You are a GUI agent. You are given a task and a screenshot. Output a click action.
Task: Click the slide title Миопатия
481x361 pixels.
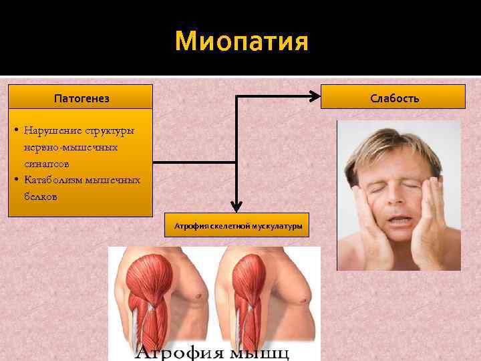241,42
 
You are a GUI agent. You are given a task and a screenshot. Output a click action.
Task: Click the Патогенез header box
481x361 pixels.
81,98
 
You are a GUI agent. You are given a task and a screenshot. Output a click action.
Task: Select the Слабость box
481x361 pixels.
394,98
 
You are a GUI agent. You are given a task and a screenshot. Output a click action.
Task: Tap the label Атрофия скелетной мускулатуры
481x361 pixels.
238,227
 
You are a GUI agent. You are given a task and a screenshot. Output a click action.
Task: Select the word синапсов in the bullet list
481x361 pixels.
46,163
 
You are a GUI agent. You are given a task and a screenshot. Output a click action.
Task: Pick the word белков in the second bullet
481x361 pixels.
41,197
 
